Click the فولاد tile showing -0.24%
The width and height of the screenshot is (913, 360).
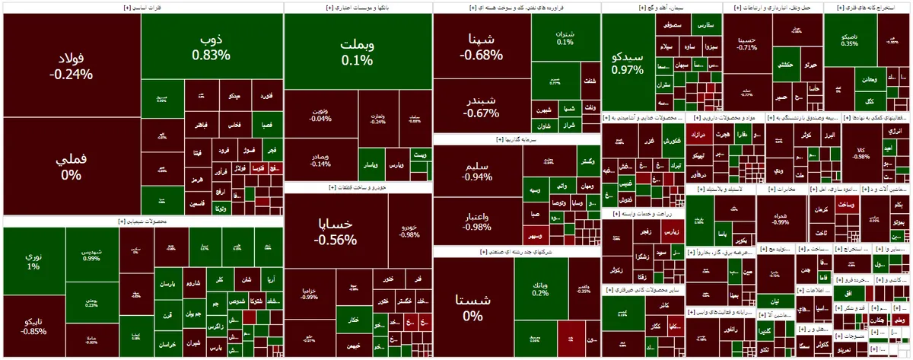pos(71,66)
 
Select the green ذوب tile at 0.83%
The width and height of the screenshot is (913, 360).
pos(211,46)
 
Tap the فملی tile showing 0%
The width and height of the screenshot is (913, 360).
pos(71,167)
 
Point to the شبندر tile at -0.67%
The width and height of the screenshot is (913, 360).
pos(481,106)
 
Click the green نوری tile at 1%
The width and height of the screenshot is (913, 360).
pos(33,260)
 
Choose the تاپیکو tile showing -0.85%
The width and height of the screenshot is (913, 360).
pos(33,326)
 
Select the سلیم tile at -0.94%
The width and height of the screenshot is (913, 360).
pos(477,170)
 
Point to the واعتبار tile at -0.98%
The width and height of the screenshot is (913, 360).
pos(477,221)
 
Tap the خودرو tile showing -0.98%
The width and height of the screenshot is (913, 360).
pos(409,229)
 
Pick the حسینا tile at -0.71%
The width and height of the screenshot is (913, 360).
pos(746,43)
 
